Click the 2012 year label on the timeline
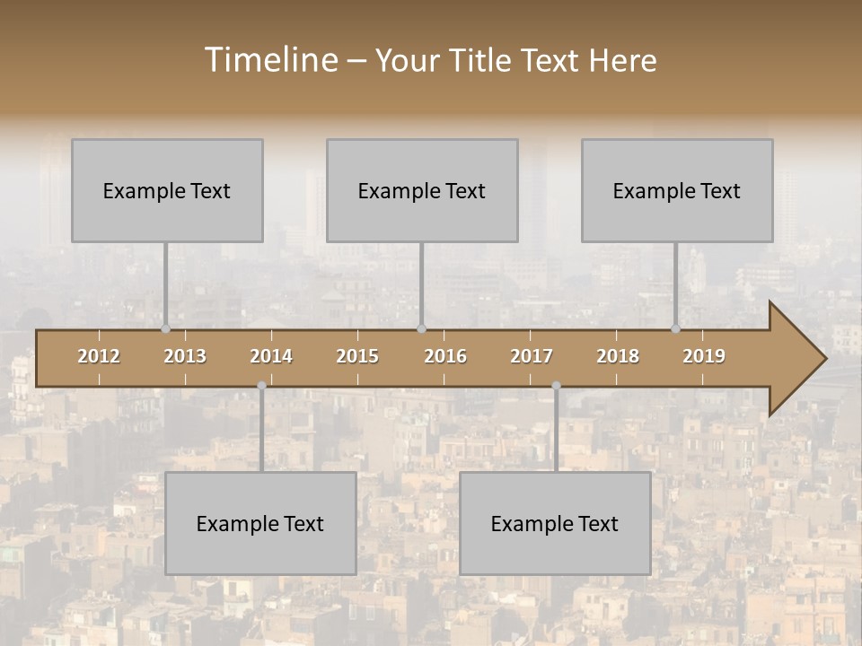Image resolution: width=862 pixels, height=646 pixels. tap(99, 356)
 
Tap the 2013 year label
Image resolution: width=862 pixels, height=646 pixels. tap(185, 356)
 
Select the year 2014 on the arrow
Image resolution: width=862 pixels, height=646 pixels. tap(271, 356)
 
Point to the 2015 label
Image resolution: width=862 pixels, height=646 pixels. tap(357, 356)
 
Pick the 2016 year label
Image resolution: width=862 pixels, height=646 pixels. tap(445, 356)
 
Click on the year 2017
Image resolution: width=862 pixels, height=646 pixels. tap(532, 356)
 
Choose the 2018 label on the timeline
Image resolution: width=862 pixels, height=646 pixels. tap(618, 356)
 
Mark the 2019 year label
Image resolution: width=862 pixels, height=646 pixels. tap(704, 356)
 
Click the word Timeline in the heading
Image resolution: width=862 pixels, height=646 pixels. tap(269, 60)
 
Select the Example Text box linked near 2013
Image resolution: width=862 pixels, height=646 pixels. tap(167, 190)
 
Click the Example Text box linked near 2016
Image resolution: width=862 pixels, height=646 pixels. tap(422, 190)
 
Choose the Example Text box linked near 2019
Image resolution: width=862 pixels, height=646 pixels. tap(677, 190)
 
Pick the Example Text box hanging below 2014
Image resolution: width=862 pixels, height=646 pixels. tap(260, 523)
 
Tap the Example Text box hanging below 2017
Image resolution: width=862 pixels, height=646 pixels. tap(555, 523)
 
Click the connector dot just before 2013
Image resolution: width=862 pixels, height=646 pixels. tap(166, 329)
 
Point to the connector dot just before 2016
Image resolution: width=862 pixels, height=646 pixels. tap(421, 329)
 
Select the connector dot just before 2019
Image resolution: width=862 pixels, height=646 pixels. tap(676, 329)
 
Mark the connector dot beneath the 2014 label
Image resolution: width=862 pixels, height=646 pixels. tap(261, 386)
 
